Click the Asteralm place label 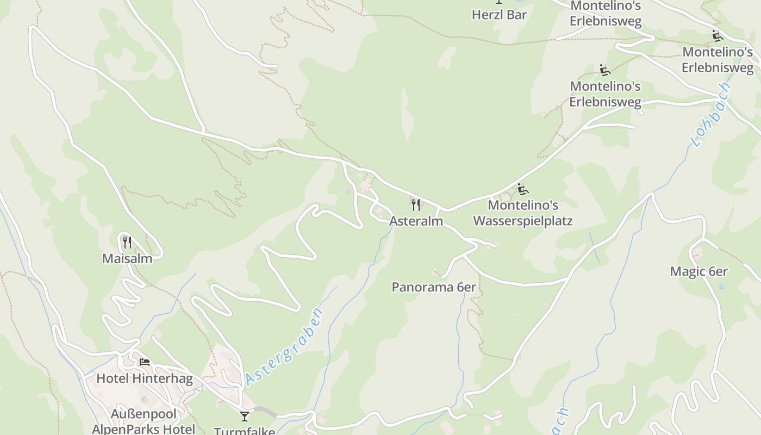click(416, 221)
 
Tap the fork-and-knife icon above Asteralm click(416, 205)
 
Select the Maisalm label click(127, 258)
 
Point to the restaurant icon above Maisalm click(127, 242)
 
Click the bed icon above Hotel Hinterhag click(145, 362)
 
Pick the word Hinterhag click(162, 378)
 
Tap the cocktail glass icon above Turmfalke click(245, 417)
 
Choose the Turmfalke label click(245, 431)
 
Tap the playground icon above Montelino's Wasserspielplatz click(523, 189)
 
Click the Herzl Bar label click(499, 15)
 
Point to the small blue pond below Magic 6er click(721, 286)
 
